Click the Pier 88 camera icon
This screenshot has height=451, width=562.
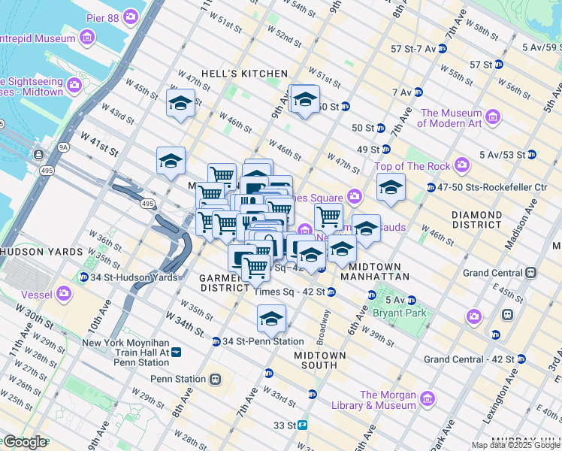(x=131, y=16)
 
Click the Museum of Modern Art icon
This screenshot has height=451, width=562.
(x=493, y=116)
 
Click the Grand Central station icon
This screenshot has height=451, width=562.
(x=530, y=272)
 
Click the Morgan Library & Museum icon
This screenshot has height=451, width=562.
(x=428, y=398)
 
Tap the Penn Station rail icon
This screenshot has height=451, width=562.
(x=216, y=379)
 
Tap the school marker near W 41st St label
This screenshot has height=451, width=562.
(x=171, y=160)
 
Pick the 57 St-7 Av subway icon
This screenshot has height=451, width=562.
(x=442, y=49)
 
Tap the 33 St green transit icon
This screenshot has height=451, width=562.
(x=304, y=425)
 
